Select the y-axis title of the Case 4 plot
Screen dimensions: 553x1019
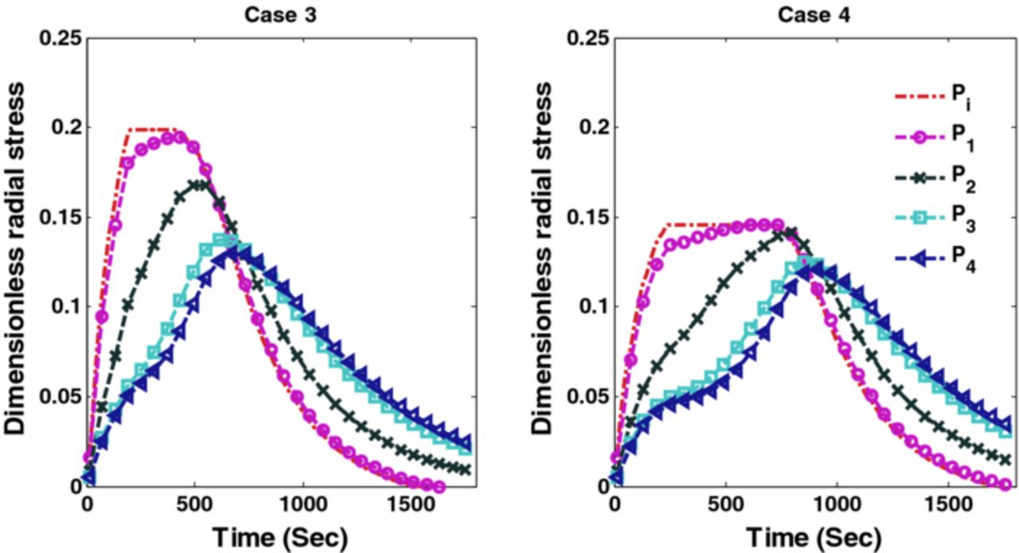(544, 261)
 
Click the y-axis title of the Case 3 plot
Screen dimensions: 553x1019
(17, 261)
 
